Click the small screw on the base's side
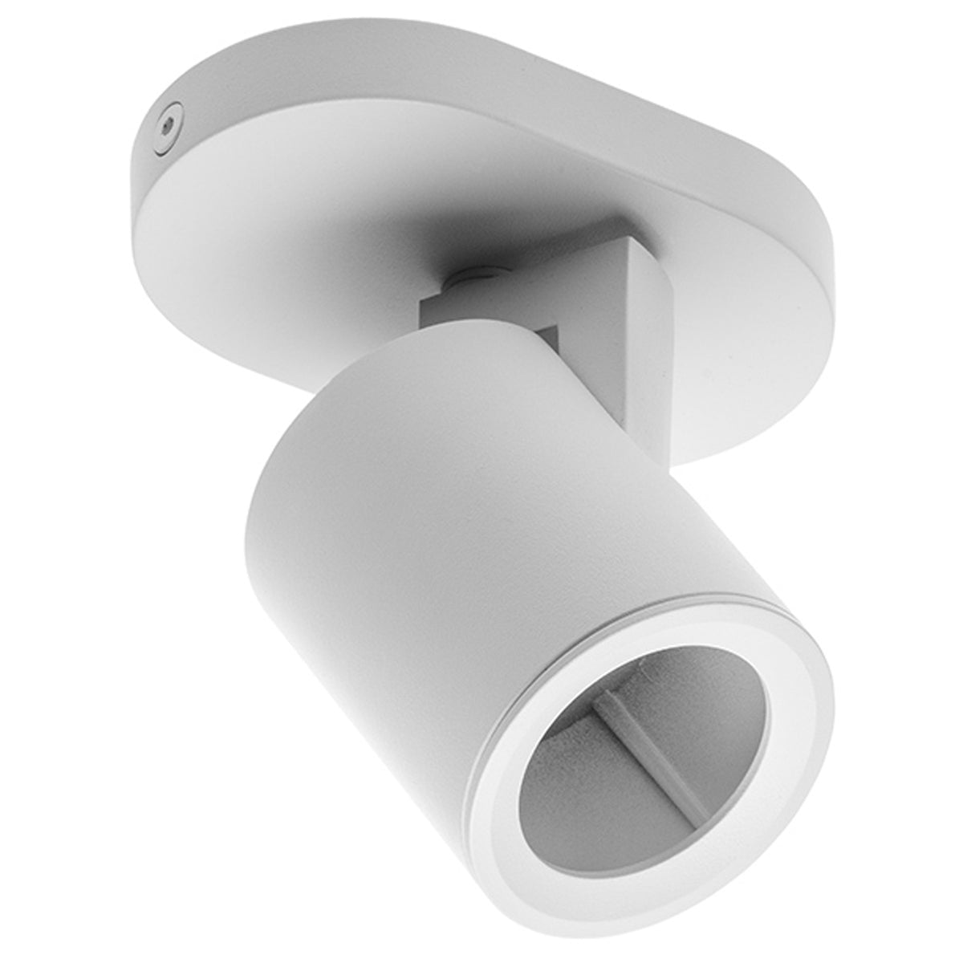[x=166, y=124]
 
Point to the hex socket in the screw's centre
[x=165, y=125]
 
